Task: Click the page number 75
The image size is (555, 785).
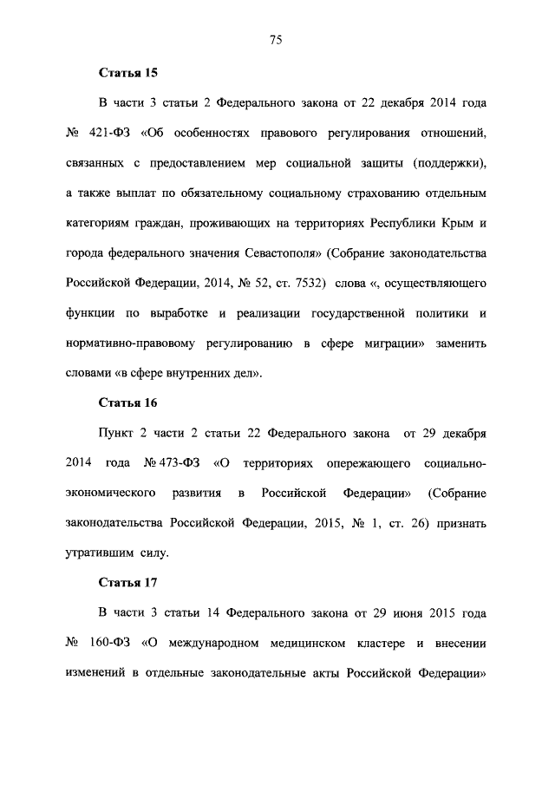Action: pyautogui.click(x=277, y=39)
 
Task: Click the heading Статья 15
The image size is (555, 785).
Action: pyautogui.click(x=128, y=73)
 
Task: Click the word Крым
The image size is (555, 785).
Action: pyautogui.click(x=457, y=223)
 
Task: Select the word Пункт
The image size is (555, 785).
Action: pyautogui.click(x=118, y=433)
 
